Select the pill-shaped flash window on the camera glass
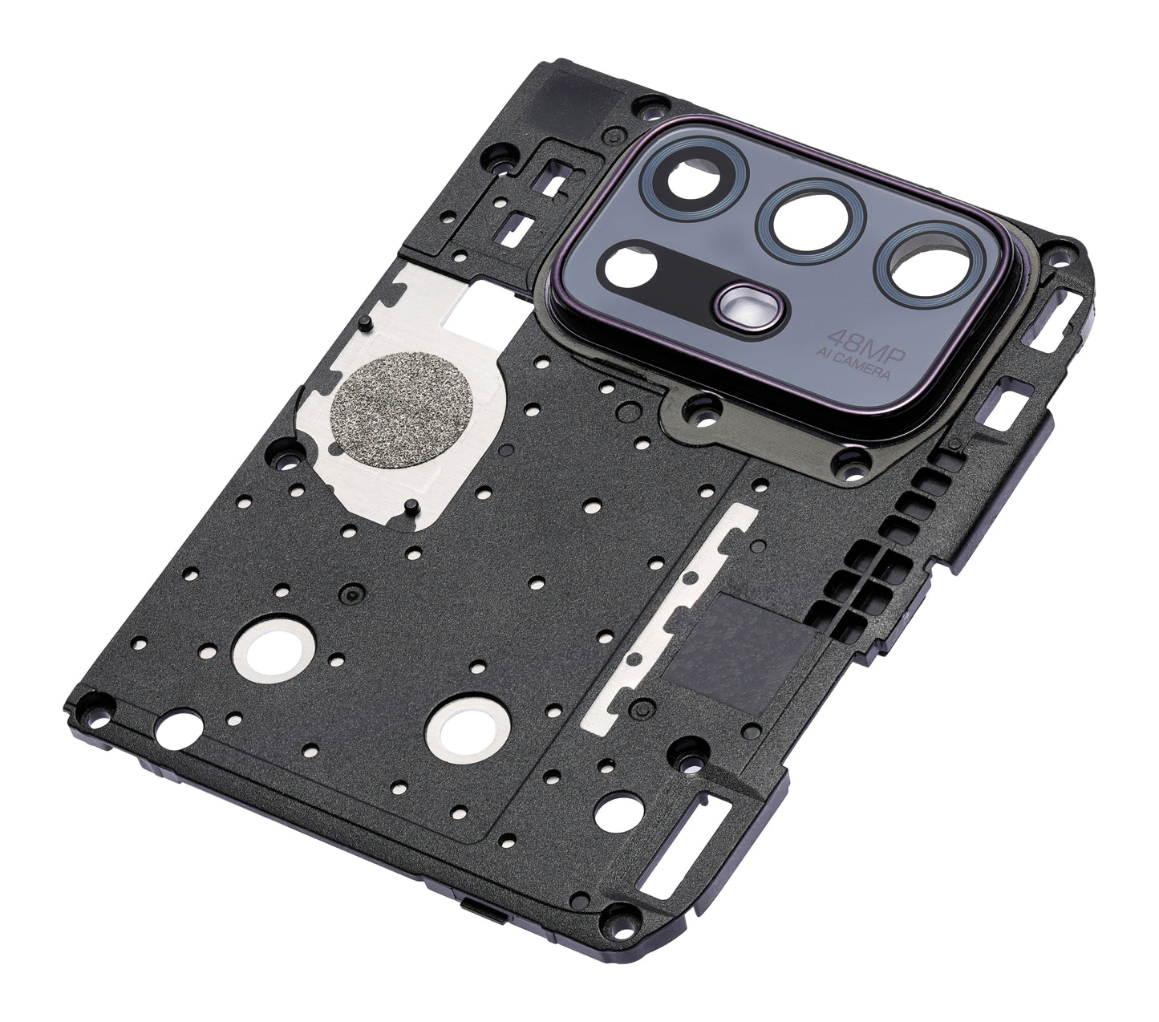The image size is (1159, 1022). (x=750, y=307)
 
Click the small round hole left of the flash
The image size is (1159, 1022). (x=631, y=269)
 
